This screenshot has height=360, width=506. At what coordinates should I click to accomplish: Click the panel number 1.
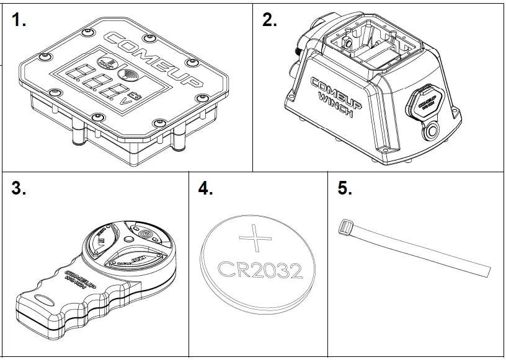click(x=19, y=20)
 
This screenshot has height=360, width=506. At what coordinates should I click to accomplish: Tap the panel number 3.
click(x=19, y=189)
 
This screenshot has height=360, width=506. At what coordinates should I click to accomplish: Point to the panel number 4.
click(x=205, y=189)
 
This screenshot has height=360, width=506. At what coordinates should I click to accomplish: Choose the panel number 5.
click(x=345, y=189)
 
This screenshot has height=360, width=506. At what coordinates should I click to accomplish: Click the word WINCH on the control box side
click(x=334, y=105)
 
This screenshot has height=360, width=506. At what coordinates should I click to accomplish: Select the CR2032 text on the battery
click(x=260, y=270)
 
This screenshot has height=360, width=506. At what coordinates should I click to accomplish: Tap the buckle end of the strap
click(x=345, y=227)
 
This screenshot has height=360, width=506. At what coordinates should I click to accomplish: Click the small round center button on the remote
click(x=128, y=239)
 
